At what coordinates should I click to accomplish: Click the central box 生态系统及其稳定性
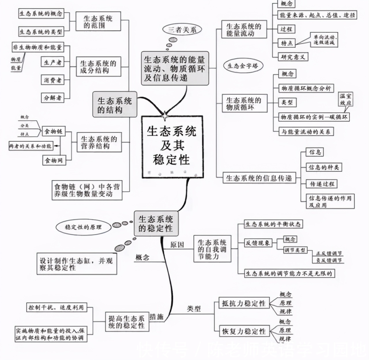(x=172, y=147)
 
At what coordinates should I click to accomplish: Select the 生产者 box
(x=52, y=62)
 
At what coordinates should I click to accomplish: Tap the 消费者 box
(x=52, y=80)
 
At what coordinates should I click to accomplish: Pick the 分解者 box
(x=52, y=98)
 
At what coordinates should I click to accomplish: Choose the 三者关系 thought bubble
(x=182, y=29)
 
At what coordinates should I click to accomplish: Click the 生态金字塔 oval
(x=243, y=66)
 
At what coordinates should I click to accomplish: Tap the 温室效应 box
(x=345, y=99)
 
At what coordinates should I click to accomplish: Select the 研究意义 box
(x=293, y=57)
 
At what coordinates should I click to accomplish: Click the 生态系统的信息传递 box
(x=259, y=178)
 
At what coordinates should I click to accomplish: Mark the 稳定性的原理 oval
(x=83, y=227)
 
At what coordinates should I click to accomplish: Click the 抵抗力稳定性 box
(x=244, y=303)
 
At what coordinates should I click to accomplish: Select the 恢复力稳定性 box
(x=244, y=331)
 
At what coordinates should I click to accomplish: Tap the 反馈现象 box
(x=257, y=243)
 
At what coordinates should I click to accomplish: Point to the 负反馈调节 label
(x=329, y=260)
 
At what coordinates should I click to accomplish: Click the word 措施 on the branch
(x=157, y=317)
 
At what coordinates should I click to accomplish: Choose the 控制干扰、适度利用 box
(x=56, y=307)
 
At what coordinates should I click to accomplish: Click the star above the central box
(x=165, y=116)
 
